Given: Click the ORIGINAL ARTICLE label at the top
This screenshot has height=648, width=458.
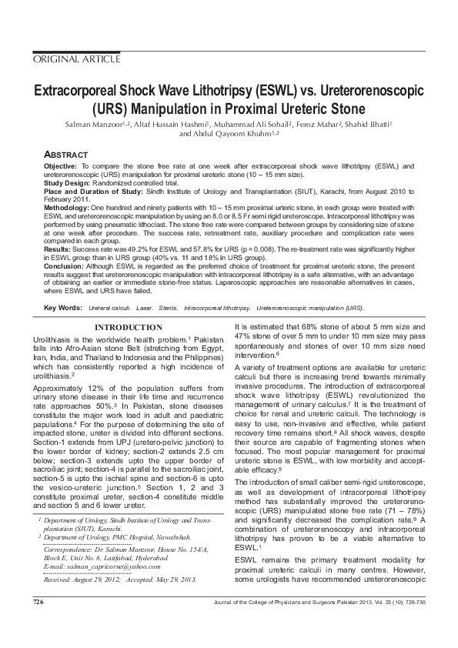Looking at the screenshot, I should (76, 58).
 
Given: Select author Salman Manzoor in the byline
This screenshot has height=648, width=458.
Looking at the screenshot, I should (96, 123).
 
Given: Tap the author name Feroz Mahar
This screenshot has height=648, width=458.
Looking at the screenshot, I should (318, 123).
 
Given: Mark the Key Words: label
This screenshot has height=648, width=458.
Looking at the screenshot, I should (63, 308).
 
